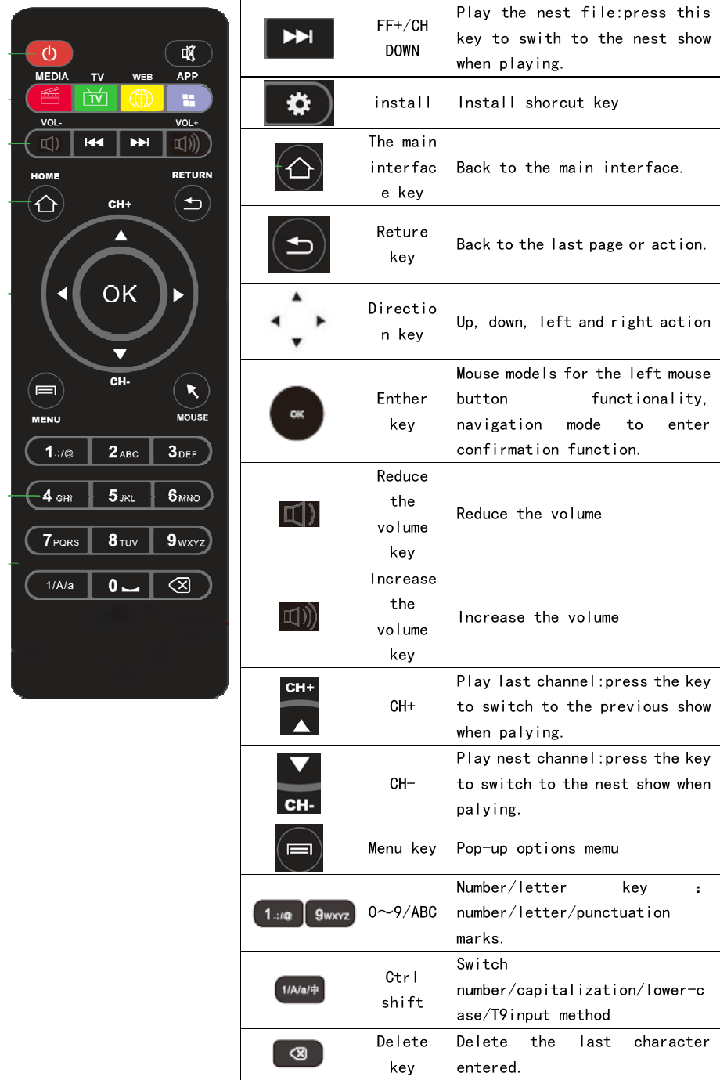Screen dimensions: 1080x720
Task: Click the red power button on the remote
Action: pos(49,53)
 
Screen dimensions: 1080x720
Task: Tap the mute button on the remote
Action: pos(189,53)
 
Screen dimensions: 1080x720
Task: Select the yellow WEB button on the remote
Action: pos(142,99)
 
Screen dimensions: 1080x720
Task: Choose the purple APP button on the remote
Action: pos(189,99)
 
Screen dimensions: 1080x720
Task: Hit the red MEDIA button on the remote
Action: pos(50,99)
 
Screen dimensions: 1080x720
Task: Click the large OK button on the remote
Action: pos(120,294)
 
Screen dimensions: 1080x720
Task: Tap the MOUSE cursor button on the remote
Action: pos(192,391)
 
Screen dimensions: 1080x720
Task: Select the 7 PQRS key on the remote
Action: pos(59,540)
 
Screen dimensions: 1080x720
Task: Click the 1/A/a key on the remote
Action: pos(59,585)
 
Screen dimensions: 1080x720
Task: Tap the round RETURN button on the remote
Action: pos(192,204)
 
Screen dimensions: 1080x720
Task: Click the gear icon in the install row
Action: pos(299,103)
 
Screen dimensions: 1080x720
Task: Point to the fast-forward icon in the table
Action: pos(299,37)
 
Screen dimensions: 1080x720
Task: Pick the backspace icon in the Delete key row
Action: pos(298,1053)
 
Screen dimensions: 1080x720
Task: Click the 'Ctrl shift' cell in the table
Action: pos(402,990)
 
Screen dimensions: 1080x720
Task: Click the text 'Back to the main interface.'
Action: pos(570,168)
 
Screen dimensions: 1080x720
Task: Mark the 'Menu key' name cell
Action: pos(402,848)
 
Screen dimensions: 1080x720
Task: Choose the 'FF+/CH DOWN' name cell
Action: pos(402,38)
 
